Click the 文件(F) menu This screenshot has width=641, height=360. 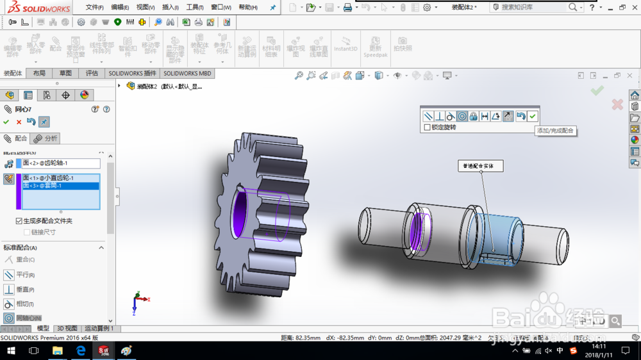coord(94,8)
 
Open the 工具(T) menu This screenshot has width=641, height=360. coord(195,8)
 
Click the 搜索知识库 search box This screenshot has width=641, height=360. coord(532,7)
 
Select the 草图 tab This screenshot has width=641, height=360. coord(65,74)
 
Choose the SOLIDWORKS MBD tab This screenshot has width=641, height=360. coord(187,74)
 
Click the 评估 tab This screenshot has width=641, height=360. coord(92,74)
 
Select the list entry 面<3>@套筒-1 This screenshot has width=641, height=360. coord(60,186)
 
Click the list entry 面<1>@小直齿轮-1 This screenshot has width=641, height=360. coord(60,178)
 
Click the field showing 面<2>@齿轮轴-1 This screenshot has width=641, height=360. coord(61,163)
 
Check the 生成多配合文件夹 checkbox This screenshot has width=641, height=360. coord(19,221)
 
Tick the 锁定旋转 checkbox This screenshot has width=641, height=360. coord(428,127)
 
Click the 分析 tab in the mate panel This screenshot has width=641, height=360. coord(46,138)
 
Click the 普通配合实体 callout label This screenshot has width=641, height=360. coord(480,166)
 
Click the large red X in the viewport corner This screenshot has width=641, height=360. coord(617,104)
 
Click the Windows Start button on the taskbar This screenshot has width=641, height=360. coord(11,351)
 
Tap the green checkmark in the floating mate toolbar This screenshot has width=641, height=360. coord(533,116)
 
